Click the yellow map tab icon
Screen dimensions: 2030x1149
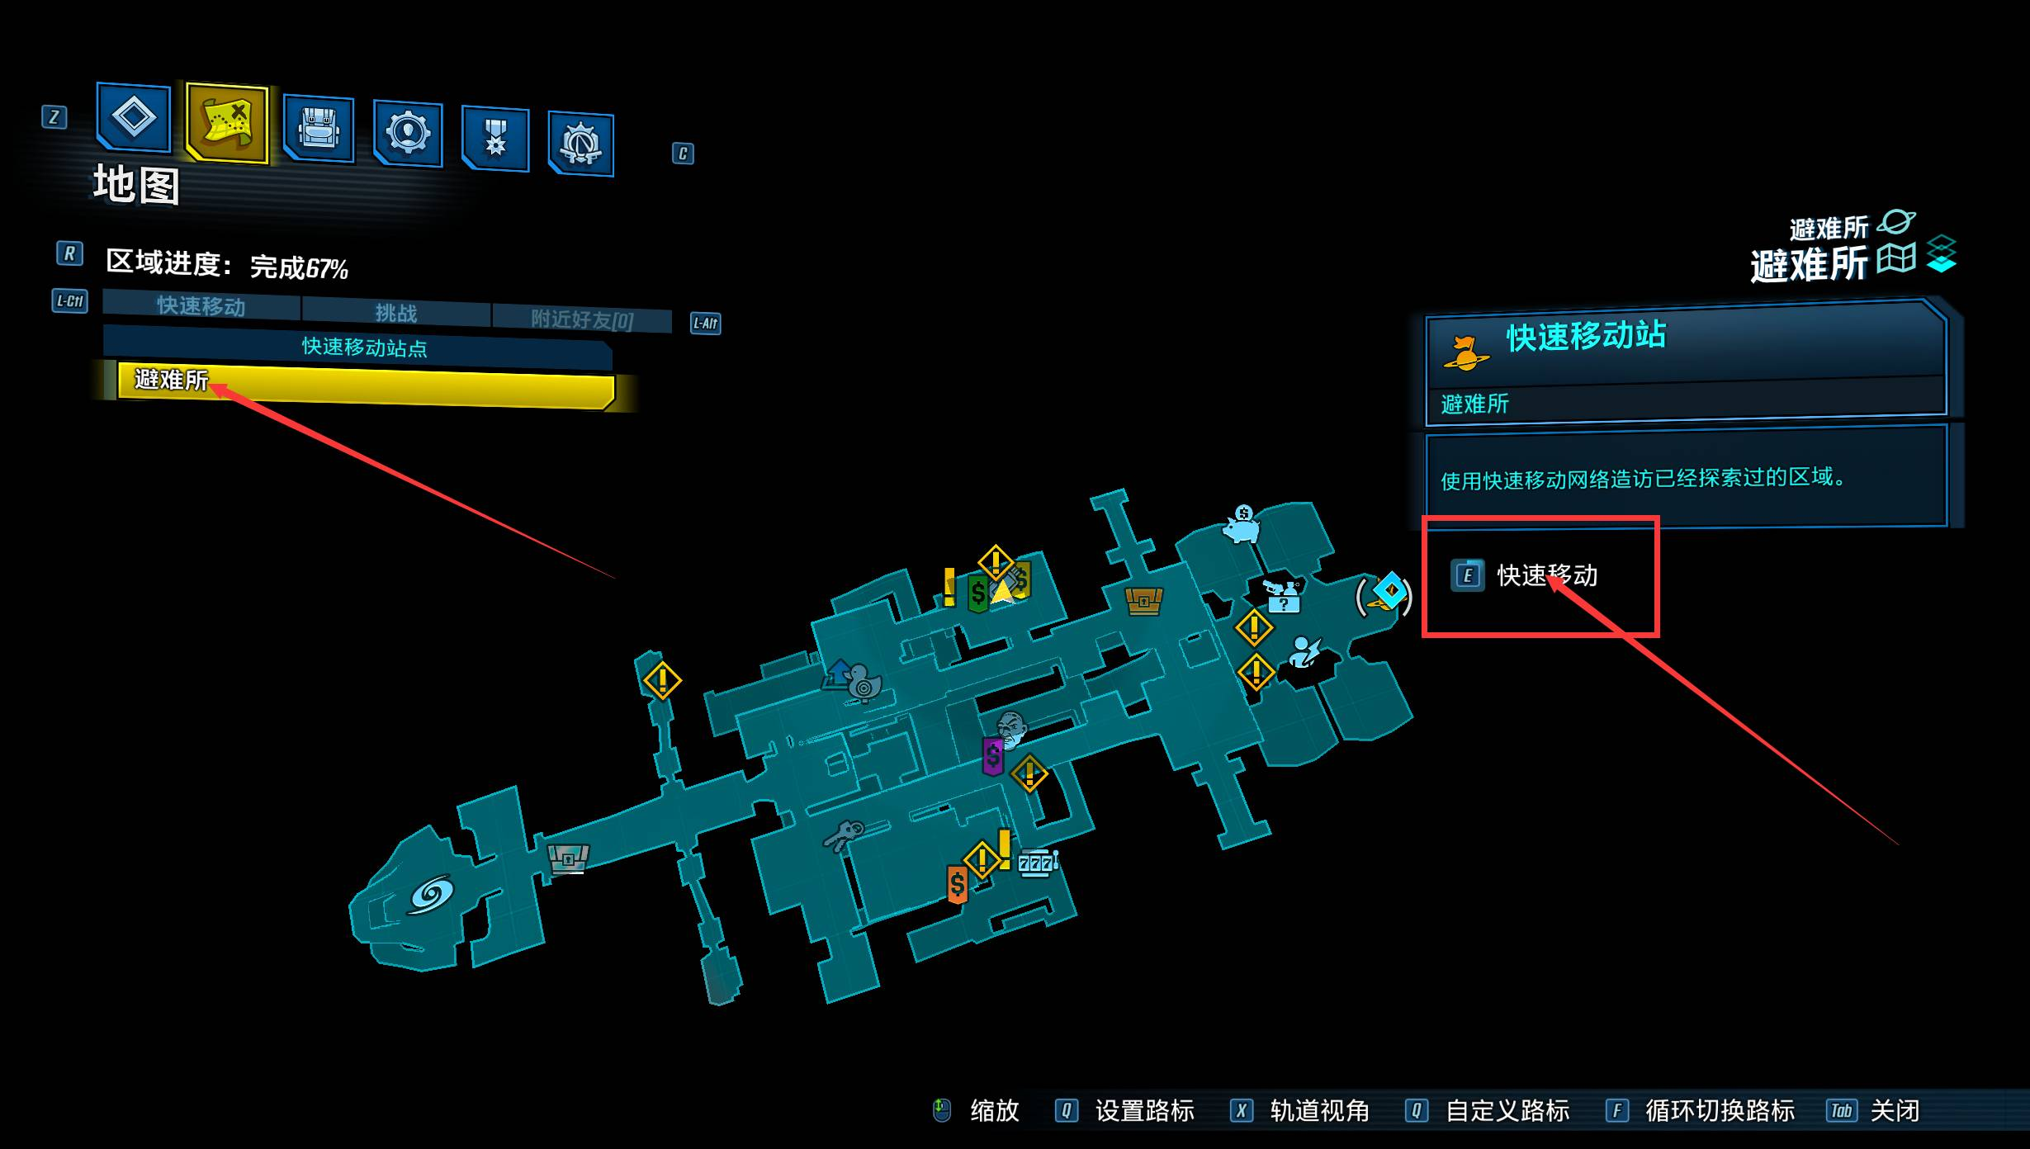pos(227,122)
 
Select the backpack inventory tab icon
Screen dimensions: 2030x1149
pos(319,130)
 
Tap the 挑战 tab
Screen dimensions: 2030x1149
pos(396,312)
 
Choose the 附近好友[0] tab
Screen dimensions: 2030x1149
pos(582,319)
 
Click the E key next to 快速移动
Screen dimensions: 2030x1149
pos(1467,575)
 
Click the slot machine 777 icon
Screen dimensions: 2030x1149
pos(1037,863)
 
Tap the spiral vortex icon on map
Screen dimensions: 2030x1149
pos(430,895)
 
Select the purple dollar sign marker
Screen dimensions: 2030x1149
pos(992,755)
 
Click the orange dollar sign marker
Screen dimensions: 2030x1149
pos(957,885)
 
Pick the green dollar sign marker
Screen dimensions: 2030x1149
pos(977,593)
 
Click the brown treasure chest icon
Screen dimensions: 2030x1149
pos(1143,601)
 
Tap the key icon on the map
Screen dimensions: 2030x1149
pos(844,835)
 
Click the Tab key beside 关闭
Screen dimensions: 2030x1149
pos(1842,1111)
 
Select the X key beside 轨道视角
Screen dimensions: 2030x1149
pos(1241,1111)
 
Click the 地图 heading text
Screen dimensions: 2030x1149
pos(136,184)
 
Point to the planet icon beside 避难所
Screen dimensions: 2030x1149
pos(1896,223)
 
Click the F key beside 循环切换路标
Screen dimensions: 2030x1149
pos(1616,1111)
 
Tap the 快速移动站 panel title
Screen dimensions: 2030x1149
pos(1586,336)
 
